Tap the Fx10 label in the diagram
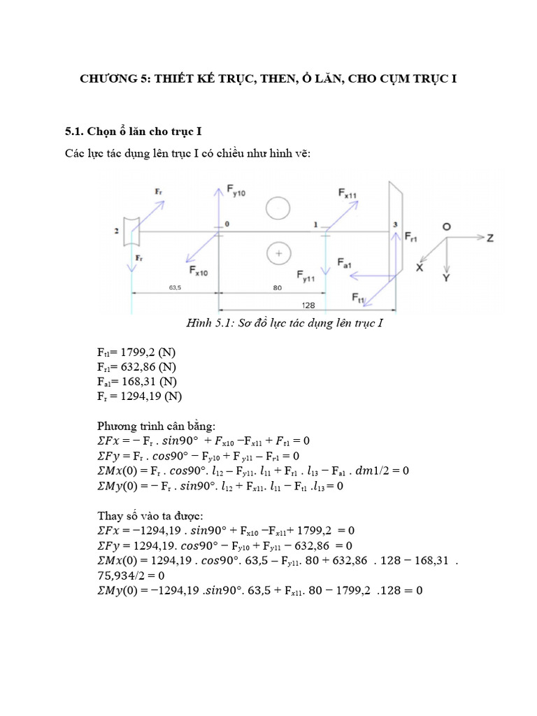tap(198, 270)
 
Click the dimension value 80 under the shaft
tap(278, 287)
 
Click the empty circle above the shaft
tap(278, 208)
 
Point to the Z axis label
tap(490, 238)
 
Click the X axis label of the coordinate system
tap(420, 267)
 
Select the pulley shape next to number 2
tap(131, 231)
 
